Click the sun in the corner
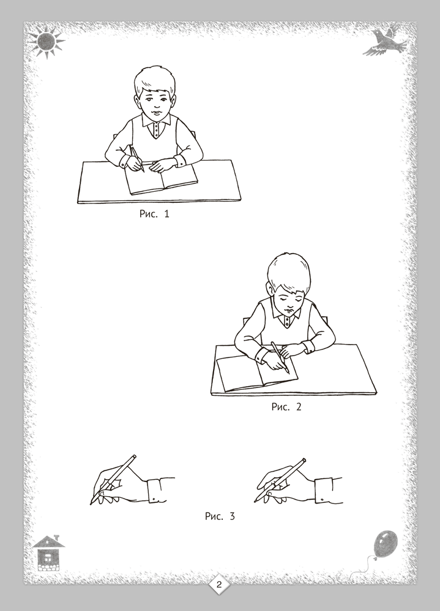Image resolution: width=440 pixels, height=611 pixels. point(47,40)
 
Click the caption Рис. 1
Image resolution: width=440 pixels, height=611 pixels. point(154,213)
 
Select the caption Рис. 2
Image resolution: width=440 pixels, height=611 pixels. point(286,406)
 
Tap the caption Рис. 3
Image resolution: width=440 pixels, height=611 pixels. point(220,516)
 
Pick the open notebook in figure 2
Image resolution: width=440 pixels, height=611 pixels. point(256,373)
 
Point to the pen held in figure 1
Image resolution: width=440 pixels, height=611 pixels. point(138,159)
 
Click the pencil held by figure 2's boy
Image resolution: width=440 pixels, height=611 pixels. point(280,357)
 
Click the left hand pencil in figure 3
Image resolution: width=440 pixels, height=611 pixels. point(113,480)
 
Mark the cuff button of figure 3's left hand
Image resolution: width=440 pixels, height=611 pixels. point(155,499)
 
